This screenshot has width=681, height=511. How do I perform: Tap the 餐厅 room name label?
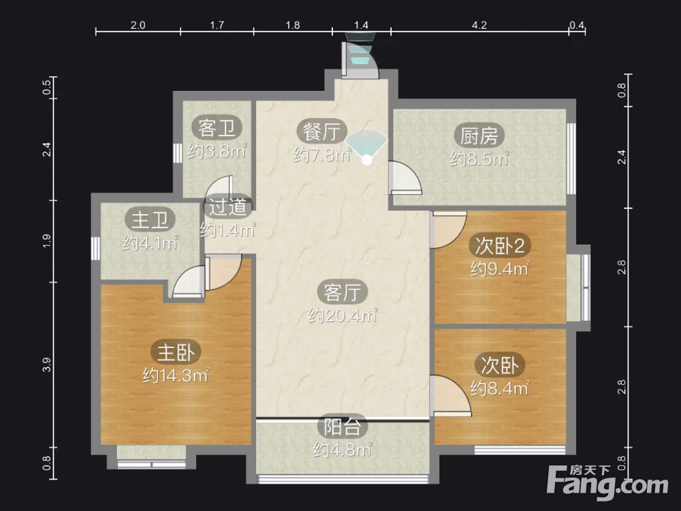(x=322, y=131)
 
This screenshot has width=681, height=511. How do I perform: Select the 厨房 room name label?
(x=479, y=136)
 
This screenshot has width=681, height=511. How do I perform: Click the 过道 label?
(x=227, y=207)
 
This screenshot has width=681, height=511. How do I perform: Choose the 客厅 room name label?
(x=343, y=292)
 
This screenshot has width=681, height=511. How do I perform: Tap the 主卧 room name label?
(x=176, y=352)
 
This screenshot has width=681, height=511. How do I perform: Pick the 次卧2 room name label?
(x=500, y=246)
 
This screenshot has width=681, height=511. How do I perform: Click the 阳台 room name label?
(x=343, y=427)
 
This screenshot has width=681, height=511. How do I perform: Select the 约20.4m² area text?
(x=343, y=315)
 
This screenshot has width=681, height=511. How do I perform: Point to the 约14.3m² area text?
(x=176, y=375)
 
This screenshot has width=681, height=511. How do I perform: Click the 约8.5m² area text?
(x=479, y=159)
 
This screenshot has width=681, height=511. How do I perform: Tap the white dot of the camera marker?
(x=367, y=160)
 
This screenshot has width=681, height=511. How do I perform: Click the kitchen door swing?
(x=405, y=177)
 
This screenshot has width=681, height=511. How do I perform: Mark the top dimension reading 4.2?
(x=479, y=25)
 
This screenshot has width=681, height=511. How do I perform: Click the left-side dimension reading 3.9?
(x=47, y=365)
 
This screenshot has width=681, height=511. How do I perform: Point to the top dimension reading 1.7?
(x=217, y=25)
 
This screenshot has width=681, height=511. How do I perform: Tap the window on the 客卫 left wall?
(x=178, y=153)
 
